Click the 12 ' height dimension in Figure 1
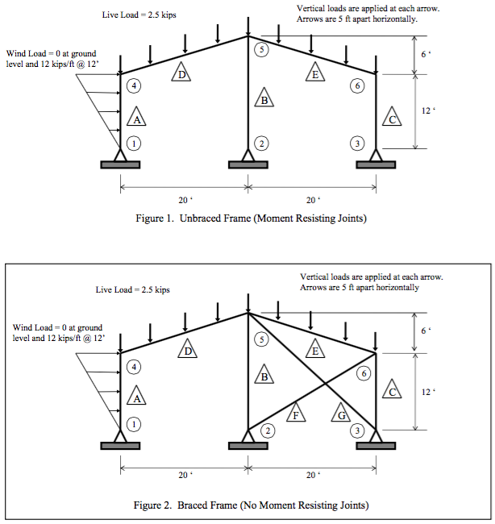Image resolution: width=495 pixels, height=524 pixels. (x=426, y=111)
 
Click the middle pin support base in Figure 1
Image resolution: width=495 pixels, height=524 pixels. (x=247, y=164)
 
